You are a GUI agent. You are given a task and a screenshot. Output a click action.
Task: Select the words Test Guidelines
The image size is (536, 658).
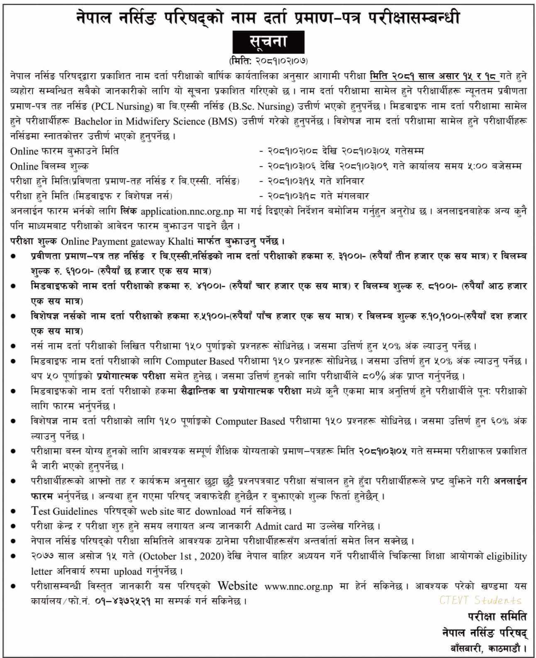pos(64,511)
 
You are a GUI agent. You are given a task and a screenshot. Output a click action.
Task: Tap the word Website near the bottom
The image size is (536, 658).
pos(237,586)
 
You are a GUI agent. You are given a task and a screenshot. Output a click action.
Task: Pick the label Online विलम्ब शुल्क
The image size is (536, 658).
pos(49,166)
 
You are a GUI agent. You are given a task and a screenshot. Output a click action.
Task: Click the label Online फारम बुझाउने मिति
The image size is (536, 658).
pos(64,151)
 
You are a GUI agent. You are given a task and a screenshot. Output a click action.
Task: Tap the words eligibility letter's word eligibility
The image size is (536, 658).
pos(506,556)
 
